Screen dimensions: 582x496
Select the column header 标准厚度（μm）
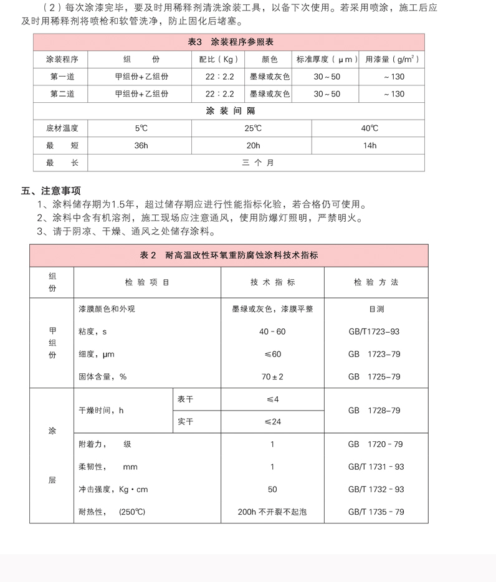pos(327,60)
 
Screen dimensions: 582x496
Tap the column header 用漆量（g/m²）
pos(392,60)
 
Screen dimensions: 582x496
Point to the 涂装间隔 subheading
pos(230,111)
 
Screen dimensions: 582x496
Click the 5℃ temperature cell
pos(141,128)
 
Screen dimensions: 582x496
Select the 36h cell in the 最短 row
pos(141,146)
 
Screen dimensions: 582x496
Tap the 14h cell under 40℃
pos(370,146)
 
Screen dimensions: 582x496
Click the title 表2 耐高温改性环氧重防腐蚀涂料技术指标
pos(229,255)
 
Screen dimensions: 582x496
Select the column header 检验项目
pos(147,282)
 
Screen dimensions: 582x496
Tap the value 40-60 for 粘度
pos(272,332)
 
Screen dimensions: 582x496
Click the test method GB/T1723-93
pos(374,332)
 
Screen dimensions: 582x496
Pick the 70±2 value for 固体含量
pos(272,377)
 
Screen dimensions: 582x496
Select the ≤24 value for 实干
pos(272,422)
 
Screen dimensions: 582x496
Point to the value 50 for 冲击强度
pos(272,490)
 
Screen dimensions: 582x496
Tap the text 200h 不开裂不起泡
pos(272,512)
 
